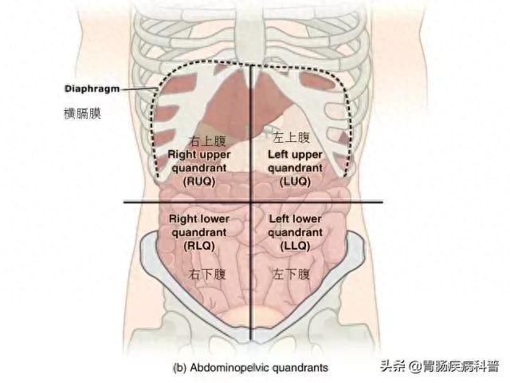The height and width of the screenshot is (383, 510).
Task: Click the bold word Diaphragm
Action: (92, 89)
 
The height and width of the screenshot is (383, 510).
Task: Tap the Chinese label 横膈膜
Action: (83, 113)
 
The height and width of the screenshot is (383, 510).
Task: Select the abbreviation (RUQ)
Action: (199, 181)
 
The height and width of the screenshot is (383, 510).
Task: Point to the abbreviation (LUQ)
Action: (295, 181)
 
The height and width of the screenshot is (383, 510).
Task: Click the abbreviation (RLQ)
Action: (199, 246)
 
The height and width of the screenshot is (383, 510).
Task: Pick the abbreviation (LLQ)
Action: (295, 246)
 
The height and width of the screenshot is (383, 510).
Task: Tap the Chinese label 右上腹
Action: (207, 141)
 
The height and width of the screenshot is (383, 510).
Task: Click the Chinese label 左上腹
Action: (291, 137)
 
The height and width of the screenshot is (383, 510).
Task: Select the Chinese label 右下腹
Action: (207, 274)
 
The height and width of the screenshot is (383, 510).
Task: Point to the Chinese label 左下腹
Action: (291, 274)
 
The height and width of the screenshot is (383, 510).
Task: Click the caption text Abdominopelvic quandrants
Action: (259, 368)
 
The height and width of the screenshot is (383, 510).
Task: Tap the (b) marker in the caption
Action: (180, 368)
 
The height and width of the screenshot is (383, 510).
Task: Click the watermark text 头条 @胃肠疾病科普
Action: (440, 366)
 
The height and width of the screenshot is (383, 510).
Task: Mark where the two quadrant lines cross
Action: (250, 202)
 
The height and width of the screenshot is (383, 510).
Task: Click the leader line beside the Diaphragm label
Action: (139, 89)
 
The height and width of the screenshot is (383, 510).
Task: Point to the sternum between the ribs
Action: (250, 33)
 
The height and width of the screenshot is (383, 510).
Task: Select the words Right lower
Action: (199, 219)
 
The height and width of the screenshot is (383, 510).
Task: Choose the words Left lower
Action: (295, 219)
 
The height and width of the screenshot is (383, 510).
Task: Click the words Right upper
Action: (199, 155)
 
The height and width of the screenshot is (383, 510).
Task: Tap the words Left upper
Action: (295, 155)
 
